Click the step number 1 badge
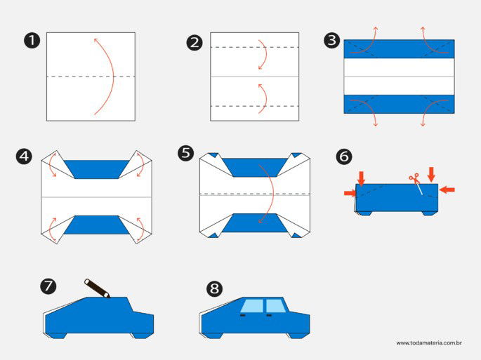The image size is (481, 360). pyautogui.click(x=31, y=40)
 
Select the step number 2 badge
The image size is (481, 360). pyautogui.click(x=195, y=42)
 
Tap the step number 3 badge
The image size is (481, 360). pyautogui.click(x=331, y=40)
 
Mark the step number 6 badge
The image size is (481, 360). pyautogui.click(x=344, y=156)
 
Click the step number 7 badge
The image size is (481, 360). pyautogui.click(x=48, y=286)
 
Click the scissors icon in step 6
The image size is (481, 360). pyautogui.click(x=414, y=178)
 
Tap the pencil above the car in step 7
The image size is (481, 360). pyautogui.click(x=97, y=288)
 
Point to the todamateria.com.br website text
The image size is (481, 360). pyautogui.click(x=428, y=343)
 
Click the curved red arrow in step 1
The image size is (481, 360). pyautogui.click(x=107, y=76)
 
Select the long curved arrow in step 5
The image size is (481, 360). pyautogui.click(x=268, y=193)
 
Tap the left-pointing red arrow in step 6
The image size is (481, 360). pyautogui.click(x=447, y=189)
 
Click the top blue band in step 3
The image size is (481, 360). pyautogui.click(x=399, y=49)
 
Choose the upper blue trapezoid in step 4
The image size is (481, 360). pyautogui.click(x=98, y=168)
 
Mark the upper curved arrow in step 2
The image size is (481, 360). pyautogui.click(x=263, y=54)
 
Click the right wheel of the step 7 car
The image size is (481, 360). pyautogui.click(x=140, y=335)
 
